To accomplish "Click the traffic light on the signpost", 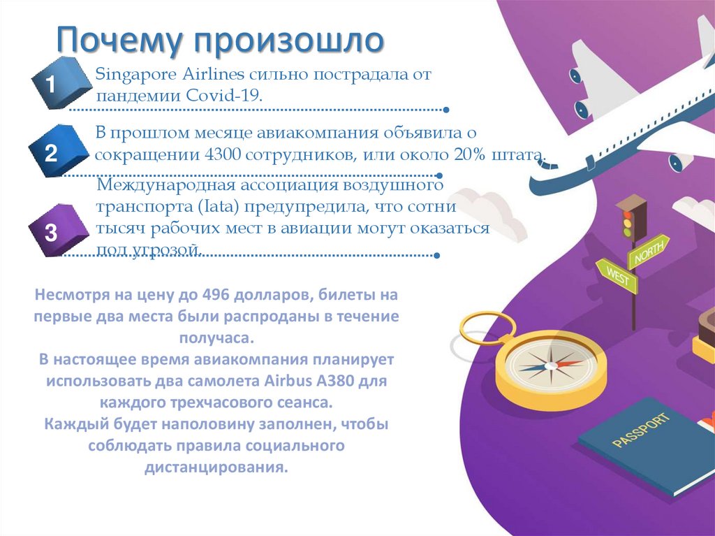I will [630, 218].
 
